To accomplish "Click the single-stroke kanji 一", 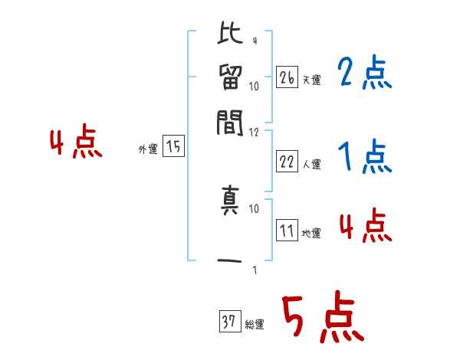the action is [231, 260].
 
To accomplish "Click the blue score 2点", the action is [364, 74].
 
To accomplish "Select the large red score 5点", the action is [322, 319].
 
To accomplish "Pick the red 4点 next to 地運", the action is [366, 227].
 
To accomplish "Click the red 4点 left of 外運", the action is [76, 144].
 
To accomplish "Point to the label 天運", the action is [311, 80].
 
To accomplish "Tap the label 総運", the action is [254, 325].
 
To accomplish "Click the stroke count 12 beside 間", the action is [255, 133].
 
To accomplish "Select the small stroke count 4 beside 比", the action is [254, 41].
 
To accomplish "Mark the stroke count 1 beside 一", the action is [254, 270].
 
